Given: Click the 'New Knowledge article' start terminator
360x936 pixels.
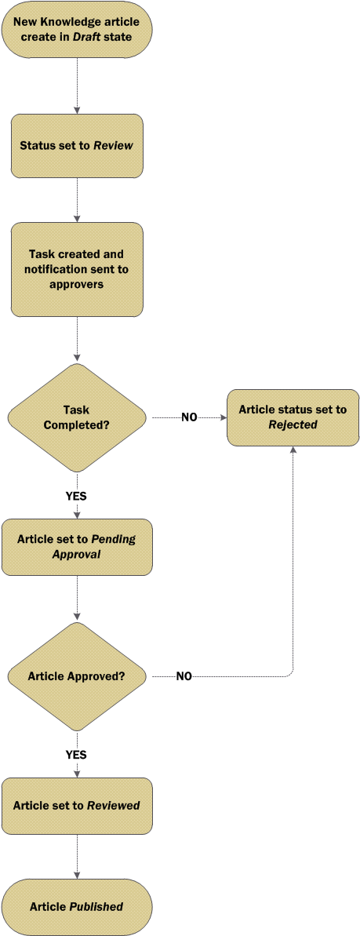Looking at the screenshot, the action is [x=77, y=29].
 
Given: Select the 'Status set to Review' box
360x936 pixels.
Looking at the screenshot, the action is [x=77, y=146].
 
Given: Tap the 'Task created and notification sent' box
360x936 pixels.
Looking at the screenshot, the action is [x=77, y=269].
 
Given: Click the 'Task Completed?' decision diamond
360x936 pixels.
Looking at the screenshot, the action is [x=77, y=418].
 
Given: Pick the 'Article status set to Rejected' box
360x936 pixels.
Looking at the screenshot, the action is [x=293, y=418].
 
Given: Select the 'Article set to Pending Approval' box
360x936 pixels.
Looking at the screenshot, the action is [x=77, y=547].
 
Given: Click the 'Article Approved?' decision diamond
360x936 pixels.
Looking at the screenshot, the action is [x=77, y=676].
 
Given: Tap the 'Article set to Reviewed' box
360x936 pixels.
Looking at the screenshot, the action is [x=77, y=805].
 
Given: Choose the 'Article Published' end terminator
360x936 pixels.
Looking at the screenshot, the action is [x=77, y=907].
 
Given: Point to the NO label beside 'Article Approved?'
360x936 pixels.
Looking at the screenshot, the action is [x=184, y=677].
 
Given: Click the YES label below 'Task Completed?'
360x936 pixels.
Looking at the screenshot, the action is [x=76, y=495].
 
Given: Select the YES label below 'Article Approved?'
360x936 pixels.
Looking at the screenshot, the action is [x=76, y=755].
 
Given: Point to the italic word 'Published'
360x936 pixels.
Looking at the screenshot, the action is [x=96, y=907].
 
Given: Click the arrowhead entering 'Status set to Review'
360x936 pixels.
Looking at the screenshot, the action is [x=77, y=111].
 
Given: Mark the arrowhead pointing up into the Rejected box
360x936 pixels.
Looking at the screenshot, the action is [x=293, y=450].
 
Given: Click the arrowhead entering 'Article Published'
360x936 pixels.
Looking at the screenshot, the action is [x=77, y=875].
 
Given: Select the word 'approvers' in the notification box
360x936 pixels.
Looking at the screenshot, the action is [x=77, y=284].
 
